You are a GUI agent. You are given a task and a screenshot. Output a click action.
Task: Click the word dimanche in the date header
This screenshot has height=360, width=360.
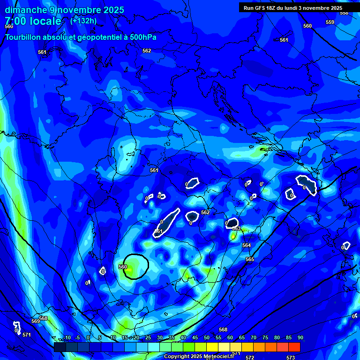click(26, 10)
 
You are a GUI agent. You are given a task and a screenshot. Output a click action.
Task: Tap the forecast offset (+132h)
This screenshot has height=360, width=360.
click(83, 21)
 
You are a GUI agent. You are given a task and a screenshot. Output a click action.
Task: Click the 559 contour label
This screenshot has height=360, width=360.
click(330, 22)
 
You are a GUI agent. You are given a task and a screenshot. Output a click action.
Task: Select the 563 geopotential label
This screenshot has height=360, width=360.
click(236, 229)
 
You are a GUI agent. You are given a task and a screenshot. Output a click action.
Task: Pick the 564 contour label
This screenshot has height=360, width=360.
click(247, 245)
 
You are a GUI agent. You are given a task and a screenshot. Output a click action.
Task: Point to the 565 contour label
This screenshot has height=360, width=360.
click(250, 259)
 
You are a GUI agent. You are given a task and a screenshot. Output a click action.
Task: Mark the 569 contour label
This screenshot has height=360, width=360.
click(36, 321)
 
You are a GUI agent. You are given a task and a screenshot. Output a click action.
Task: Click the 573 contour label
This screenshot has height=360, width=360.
click(291, 358)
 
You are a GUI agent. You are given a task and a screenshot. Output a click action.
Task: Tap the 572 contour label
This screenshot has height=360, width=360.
click(250, 358)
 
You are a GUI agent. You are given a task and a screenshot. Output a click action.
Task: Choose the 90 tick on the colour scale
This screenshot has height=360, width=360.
click(300, 337)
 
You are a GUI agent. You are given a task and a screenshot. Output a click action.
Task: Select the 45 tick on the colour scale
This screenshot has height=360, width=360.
click(195, 337)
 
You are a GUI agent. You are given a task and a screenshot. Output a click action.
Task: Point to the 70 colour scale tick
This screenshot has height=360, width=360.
click(254, 337)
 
